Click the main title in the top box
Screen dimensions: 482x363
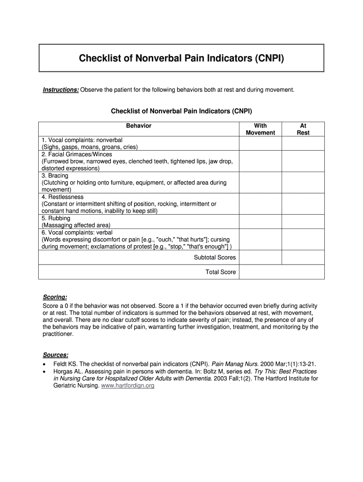coord(181,59)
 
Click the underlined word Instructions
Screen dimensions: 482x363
coord(61,89)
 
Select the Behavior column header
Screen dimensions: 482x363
coord(139,126)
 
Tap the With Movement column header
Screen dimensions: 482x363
coord(260,129)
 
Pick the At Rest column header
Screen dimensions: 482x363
coord(303,129)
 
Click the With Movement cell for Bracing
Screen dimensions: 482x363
coord(260,183)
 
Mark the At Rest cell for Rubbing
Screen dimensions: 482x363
coord(303,222)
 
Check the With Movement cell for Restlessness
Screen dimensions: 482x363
coord(260,204)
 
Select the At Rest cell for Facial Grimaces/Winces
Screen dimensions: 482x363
coord(303,161)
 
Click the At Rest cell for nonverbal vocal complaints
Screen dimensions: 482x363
coord(303,144)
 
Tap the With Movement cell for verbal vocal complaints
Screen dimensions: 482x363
coord(260,239)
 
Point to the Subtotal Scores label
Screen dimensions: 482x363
coord(214,257)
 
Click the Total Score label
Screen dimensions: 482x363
coord(221,272)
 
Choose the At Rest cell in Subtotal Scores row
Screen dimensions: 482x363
coord(303,257)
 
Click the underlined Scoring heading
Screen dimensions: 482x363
coord(55,297)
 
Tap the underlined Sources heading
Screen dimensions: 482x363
coord(56,355)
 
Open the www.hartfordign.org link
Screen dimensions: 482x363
coord(128,386)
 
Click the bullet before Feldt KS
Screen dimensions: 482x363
coord(44,364)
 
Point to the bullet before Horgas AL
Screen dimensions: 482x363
coord(44,371)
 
